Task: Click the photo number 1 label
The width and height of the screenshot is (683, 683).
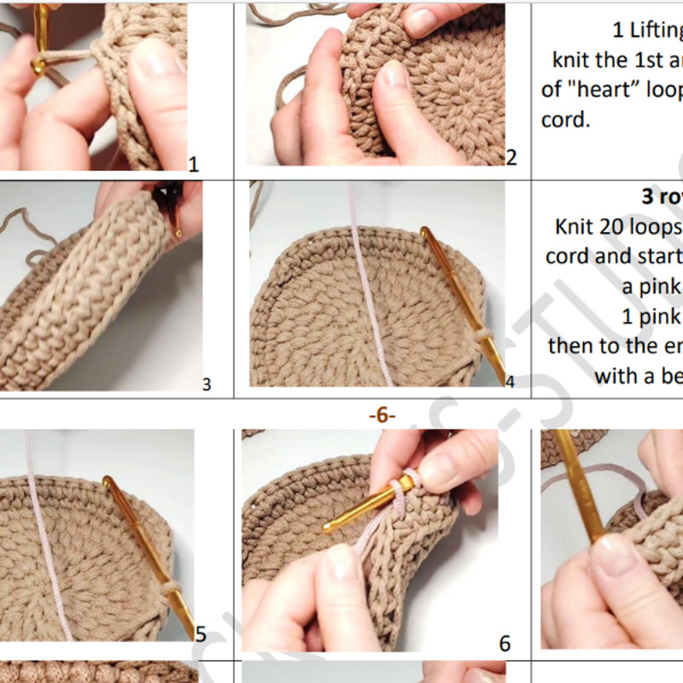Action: [x=193, y=163]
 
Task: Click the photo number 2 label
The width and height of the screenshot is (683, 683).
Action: [x=511, y=157]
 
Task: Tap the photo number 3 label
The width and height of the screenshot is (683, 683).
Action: [x=206, y=384]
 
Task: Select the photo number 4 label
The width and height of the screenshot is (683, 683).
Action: [x=510, y=382]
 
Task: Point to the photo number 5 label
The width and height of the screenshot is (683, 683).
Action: [x=201, y=633]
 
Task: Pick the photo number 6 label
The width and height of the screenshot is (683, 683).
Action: [x=505, y=643]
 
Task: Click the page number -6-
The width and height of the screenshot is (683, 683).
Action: [x=382, y=416]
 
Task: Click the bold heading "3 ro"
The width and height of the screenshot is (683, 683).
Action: [x=662, y=196]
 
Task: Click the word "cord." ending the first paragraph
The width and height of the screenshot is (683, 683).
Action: [x=565, y=120]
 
